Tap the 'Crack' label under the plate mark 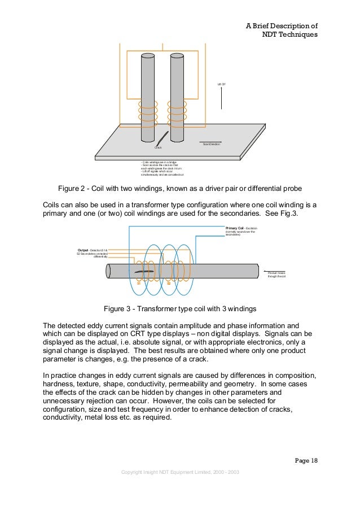tap(158, 148)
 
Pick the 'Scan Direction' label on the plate tap(211, 145)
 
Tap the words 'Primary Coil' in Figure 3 tap(235, 228)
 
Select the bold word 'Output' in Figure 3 tap(82, 250)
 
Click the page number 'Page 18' tap(307, 460)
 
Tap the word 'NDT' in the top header tap(272, 35)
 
